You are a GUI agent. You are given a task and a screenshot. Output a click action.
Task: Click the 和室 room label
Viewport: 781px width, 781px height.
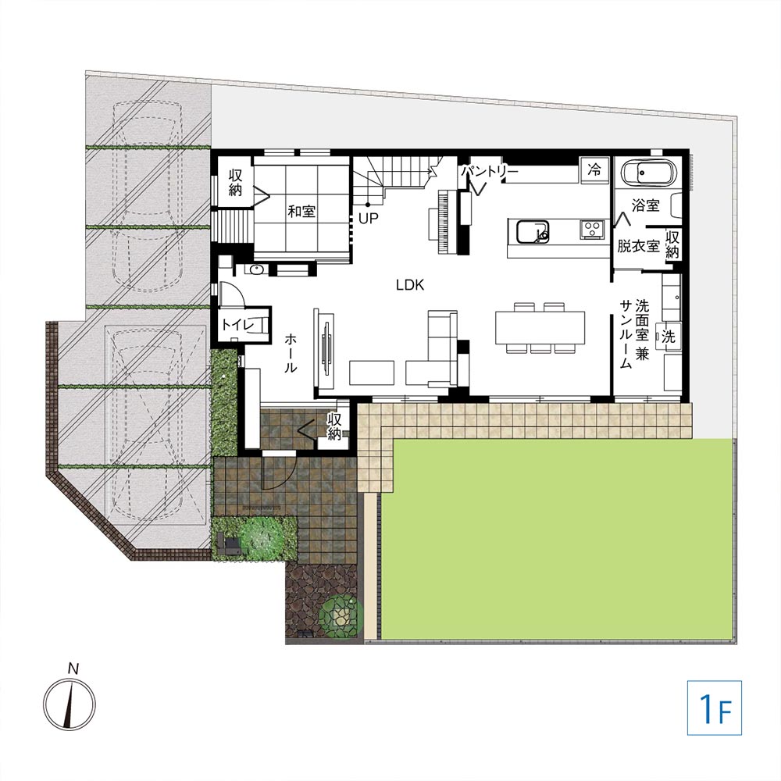(x=301, y=211)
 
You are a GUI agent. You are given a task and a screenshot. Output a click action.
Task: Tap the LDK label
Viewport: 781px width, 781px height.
(x=410, y=285)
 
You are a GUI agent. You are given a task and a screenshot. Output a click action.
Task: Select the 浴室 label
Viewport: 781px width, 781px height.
(x=646, y=205)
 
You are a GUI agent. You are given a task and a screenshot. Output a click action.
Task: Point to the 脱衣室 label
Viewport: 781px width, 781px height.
(x=639, y=245)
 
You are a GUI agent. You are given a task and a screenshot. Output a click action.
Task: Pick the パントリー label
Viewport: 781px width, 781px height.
(x=490, y=172)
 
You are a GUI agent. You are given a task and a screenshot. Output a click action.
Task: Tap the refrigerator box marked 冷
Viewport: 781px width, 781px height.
(x=594, y=169)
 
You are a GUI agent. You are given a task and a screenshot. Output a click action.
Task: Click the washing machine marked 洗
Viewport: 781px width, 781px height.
(x=668, y=337)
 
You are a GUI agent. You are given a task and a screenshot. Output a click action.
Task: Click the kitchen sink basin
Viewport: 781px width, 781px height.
(x=533, y=232)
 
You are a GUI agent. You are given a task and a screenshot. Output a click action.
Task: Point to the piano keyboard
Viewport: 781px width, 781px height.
(x=442, y=223)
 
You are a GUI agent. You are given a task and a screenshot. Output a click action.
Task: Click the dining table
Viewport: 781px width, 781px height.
(x=540, y=327)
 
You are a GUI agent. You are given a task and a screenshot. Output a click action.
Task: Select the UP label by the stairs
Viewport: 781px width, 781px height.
(x=369, y=218)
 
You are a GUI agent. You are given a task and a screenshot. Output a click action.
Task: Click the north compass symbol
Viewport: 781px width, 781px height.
(x=70, y=704)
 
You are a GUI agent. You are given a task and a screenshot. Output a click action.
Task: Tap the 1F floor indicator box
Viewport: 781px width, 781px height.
(x=715, y=708)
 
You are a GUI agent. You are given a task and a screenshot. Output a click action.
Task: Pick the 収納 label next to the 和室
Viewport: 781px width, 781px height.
(x=236, y=182)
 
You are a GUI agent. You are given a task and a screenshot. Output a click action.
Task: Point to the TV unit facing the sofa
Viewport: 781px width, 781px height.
(x=325, y=348)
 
